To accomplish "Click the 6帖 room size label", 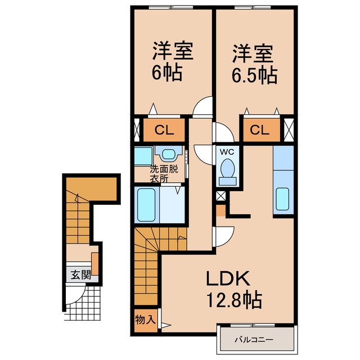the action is point(167,72).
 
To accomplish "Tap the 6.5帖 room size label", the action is point(254,75).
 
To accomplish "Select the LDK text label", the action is point(228,278).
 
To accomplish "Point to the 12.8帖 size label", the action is point(234,299).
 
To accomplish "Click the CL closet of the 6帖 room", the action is point(164,130).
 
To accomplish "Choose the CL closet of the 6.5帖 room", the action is point(262,130).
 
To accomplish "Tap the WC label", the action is point(227,152).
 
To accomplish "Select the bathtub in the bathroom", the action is point(146,205).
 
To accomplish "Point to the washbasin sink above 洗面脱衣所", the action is point(169,154).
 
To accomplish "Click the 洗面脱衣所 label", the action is point(164,174).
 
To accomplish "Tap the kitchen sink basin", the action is point(282,199).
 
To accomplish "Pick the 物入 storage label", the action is point(145,319).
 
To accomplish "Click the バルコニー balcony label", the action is point(254,339).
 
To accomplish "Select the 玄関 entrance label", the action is point(80,275).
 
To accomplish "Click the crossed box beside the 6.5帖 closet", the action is point(289,130).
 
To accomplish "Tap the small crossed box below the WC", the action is point(221,196).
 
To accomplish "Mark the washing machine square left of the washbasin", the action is point(143,156).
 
